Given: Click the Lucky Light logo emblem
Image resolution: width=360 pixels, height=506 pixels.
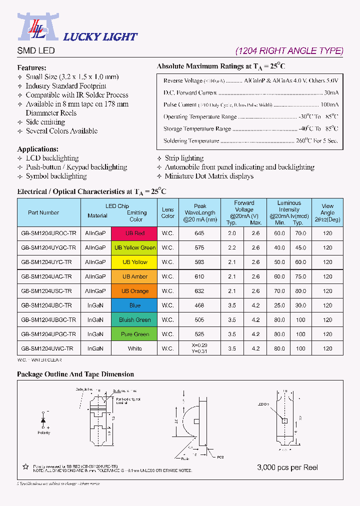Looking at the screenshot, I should pos(38,27).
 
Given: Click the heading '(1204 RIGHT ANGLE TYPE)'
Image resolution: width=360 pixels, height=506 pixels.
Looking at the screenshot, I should pos(289,50).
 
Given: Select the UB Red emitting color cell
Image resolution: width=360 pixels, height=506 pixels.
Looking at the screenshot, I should pos(135,233).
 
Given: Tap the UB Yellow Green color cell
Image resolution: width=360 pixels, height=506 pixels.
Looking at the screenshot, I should pos(135,248).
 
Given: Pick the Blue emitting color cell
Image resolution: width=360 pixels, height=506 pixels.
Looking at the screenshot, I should pos(135,305).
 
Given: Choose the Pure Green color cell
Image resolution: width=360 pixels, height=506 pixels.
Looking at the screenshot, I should pos(135,334).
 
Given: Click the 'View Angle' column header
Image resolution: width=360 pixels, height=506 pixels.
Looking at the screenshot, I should pos(327,212).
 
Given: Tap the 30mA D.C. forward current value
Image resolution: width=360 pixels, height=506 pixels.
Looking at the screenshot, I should pos(330,92).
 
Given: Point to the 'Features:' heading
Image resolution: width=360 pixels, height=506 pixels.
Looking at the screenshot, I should pos(31,67).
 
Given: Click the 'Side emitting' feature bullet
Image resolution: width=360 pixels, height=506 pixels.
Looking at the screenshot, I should pos(45,122).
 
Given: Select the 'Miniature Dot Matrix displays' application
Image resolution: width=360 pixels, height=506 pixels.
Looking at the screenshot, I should pos(209,176).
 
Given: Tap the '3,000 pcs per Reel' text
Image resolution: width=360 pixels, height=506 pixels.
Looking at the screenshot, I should pos(287,467).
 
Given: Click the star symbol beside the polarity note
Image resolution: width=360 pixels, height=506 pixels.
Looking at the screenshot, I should pos(25,467).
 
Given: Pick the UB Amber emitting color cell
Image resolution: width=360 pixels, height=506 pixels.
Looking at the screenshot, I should pos(135,276).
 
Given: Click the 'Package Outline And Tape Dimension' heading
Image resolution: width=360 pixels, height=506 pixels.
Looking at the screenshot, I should pos(75,374).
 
